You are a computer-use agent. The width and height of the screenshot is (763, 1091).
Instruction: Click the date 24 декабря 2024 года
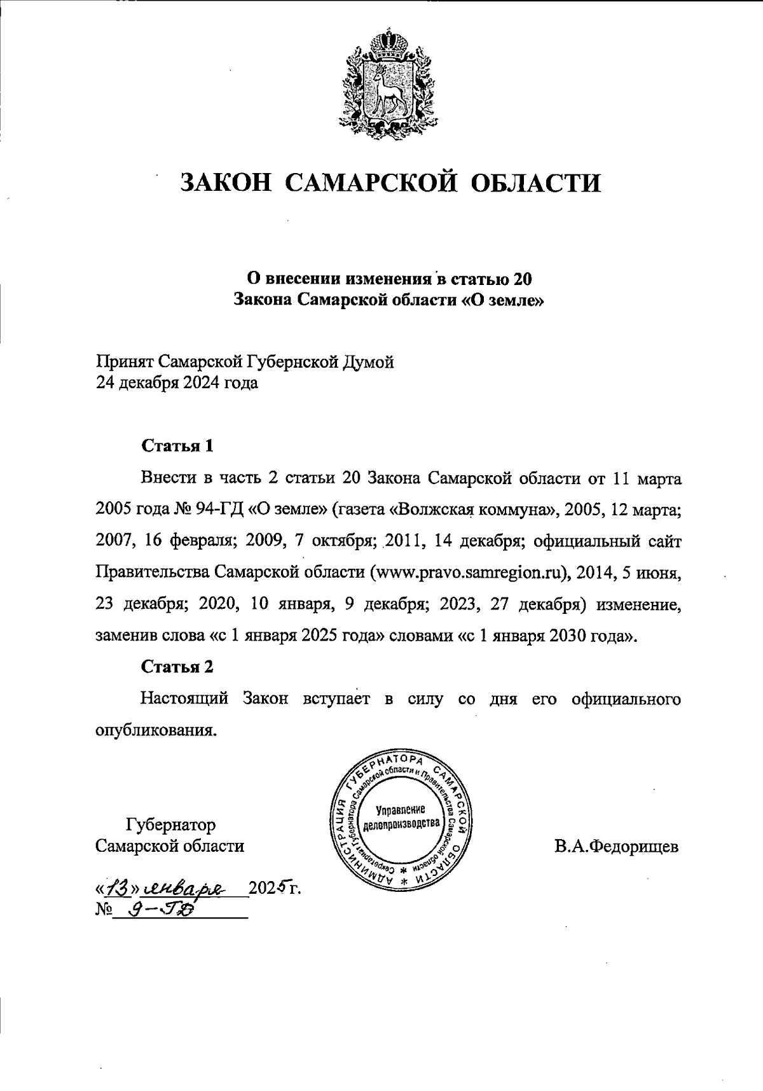coord(177,384)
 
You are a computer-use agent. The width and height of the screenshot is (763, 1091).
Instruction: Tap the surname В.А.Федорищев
coord(615,847)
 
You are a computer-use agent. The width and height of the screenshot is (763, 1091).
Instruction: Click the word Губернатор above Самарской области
coord(171,824)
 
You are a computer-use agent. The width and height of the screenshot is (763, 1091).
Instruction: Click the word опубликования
coord(156,730)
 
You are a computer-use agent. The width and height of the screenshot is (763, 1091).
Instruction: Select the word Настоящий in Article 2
coord(184,698)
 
